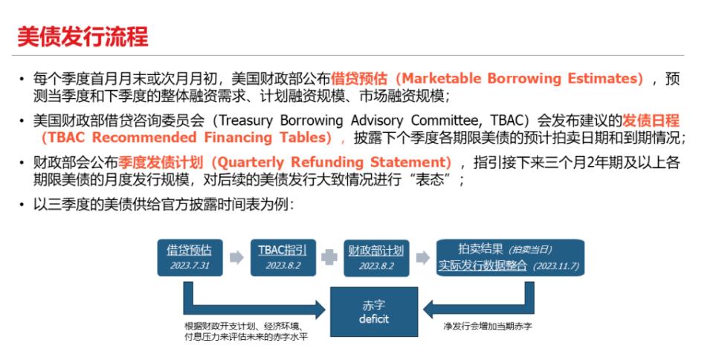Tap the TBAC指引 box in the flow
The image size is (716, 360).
pos(277,257)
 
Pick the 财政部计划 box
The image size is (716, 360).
pos(375,257)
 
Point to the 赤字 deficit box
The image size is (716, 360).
pos(374,312)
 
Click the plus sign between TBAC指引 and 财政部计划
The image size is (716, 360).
pos(326,257)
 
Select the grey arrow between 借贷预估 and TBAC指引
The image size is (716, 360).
pos(236,257)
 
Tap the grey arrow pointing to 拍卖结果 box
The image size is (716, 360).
pos(422,257)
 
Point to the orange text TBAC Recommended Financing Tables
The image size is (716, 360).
pos(185,138)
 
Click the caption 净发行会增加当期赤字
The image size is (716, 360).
pos(488,327)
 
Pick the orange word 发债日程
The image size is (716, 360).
pos(651,120)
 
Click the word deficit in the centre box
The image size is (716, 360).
pos(374,319)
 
